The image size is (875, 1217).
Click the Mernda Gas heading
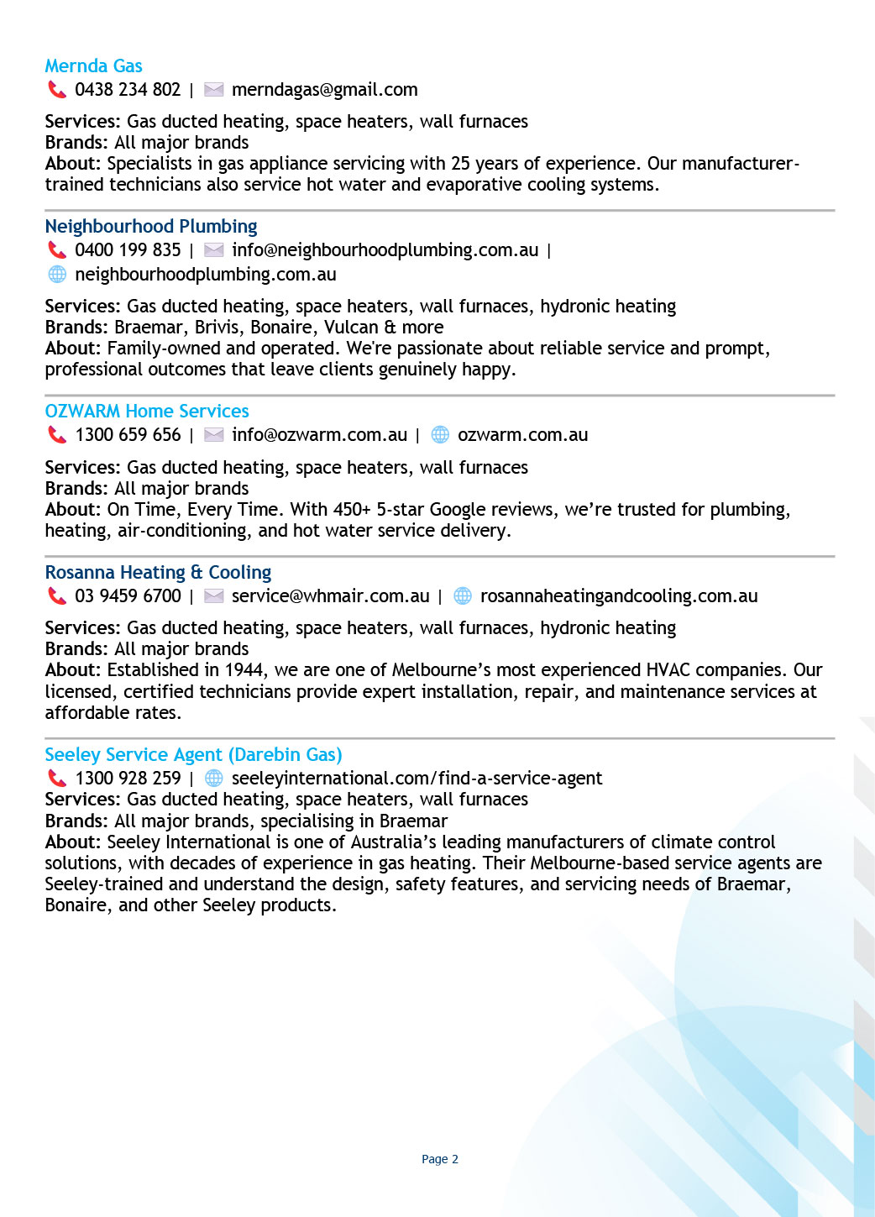pos(93,66)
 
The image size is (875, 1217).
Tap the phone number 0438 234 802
pos(128,90)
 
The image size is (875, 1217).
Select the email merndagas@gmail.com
pos(324,90)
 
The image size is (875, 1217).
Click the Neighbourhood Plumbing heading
pos(151,227)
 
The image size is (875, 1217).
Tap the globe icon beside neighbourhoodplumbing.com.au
pos(57,275)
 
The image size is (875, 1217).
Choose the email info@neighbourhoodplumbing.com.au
pos(385,250)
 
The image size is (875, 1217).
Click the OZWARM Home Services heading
pos(147,412)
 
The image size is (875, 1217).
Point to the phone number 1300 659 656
pos(128,435)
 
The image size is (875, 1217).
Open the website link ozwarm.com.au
pos(522,435)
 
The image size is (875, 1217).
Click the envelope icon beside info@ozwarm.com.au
pos(214,435)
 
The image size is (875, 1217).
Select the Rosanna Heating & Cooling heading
pos(158,573)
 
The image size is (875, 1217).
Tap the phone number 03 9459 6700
pos(128,596)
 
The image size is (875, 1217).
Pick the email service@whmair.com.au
pos(330,596)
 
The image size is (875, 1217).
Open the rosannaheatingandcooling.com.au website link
pos(619,596)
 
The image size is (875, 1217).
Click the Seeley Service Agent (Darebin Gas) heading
pos(193,755)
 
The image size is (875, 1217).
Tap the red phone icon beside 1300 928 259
pos(57,779)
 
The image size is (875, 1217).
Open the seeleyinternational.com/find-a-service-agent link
pos(417,779)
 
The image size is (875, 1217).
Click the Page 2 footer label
pos(439,1159)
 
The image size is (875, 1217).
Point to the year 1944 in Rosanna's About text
pos(245,670)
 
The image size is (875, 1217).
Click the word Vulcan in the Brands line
pos(351,328)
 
